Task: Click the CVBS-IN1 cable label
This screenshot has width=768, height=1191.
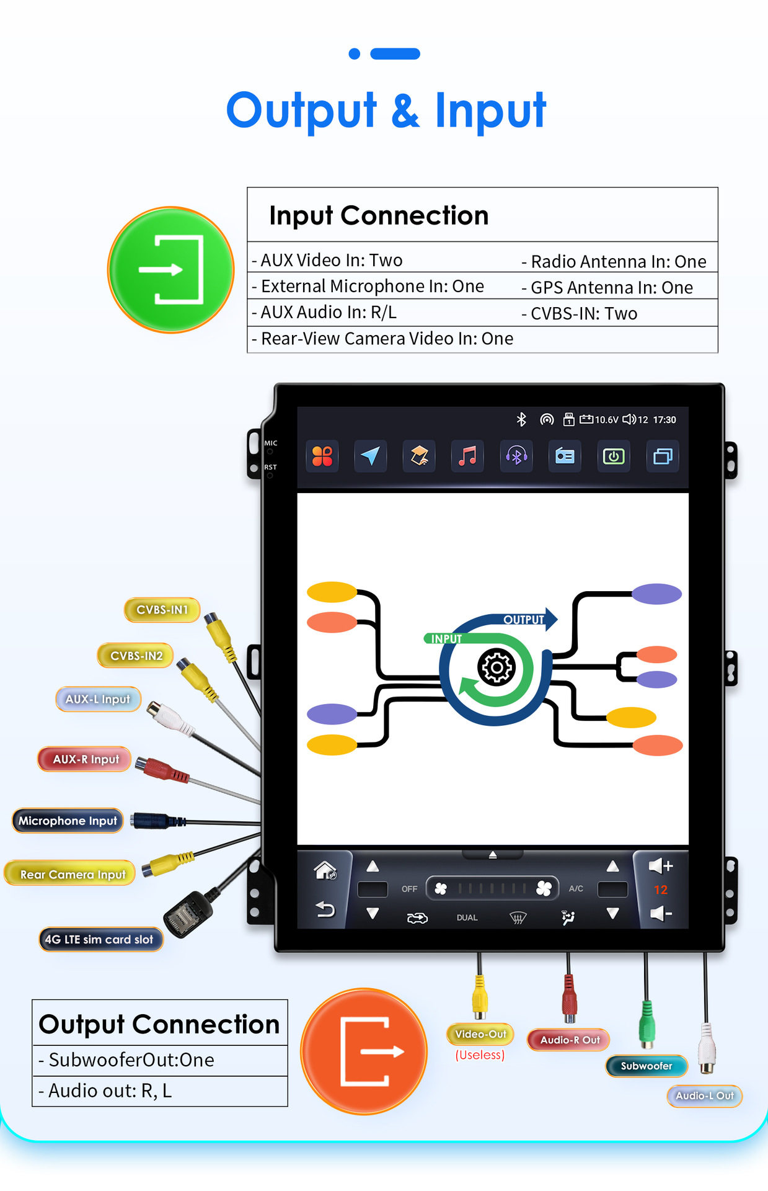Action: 162,610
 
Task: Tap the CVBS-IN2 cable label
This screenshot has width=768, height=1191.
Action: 136,656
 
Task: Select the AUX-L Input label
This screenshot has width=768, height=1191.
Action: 98,699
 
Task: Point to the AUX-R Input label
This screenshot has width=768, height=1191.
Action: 85,759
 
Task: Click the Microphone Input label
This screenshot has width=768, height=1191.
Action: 68,821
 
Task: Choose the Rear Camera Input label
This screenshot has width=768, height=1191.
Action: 72,874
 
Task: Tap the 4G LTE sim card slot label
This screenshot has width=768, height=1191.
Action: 100,939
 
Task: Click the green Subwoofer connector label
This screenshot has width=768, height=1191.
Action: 647,1066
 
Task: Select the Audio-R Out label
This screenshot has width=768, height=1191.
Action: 569,1040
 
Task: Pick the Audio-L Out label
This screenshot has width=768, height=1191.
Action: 704,1095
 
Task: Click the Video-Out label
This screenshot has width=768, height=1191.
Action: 480,1034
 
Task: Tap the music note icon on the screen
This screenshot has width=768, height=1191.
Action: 467,457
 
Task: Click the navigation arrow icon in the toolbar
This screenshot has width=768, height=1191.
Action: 370,457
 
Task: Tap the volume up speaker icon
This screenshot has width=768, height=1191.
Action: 660,865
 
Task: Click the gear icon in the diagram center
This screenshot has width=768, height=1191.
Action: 496,667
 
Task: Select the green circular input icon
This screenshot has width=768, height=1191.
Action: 171,270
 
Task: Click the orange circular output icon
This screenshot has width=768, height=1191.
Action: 364,1051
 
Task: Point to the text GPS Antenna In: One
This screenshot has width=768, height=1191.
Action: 611,288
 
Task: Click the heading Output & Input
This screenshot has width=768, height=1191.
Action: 386,110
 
